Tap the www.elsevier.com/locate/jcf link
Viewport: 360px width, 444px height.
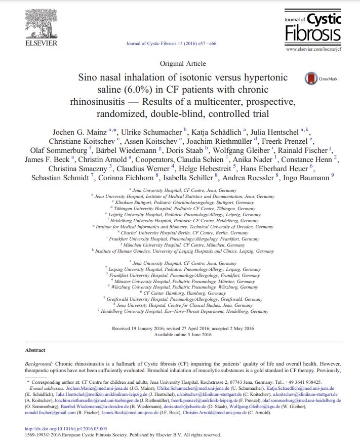pos(313,50)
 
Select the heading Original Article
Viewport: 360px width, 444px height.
pos(182,63)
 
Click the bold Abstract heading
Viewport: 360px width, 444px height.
pos(35,350)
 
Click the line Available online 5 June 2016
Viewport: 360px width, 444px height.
pos(182,335)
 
